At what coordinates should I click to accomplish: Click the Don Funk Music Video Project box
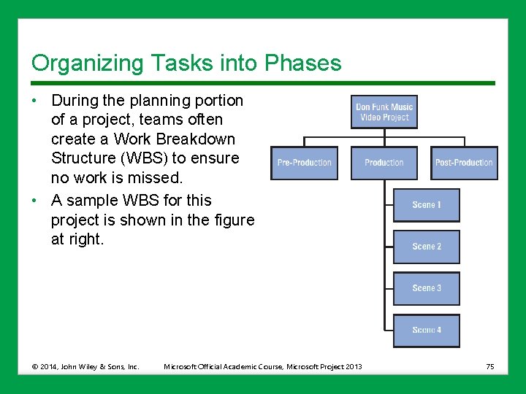(384, 112)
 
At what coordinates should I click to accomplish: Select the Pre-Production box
(304, 163)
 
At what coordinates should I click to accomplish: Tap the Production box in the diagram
(384, 163)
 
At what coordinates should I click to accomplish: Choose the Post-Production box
(463, 163)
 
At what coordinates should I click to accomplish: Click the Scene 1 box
(427, 205)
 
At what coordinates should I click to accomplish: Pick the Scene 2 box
(427, 247)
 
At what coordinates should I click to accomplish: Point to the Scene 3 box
(427, 288)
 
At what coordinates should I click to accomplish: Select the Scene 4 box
(427, 331)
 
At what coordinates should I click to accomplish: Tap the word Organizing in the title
(79, 63)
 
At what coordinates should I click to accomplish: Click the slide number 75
(490, 366)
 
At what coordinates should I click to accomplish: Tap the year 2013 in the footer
(353, 366)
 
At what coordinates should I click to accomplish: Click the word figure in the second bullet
(232, 220)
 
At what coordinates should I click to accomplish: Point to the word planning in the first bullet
(148, 100)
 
